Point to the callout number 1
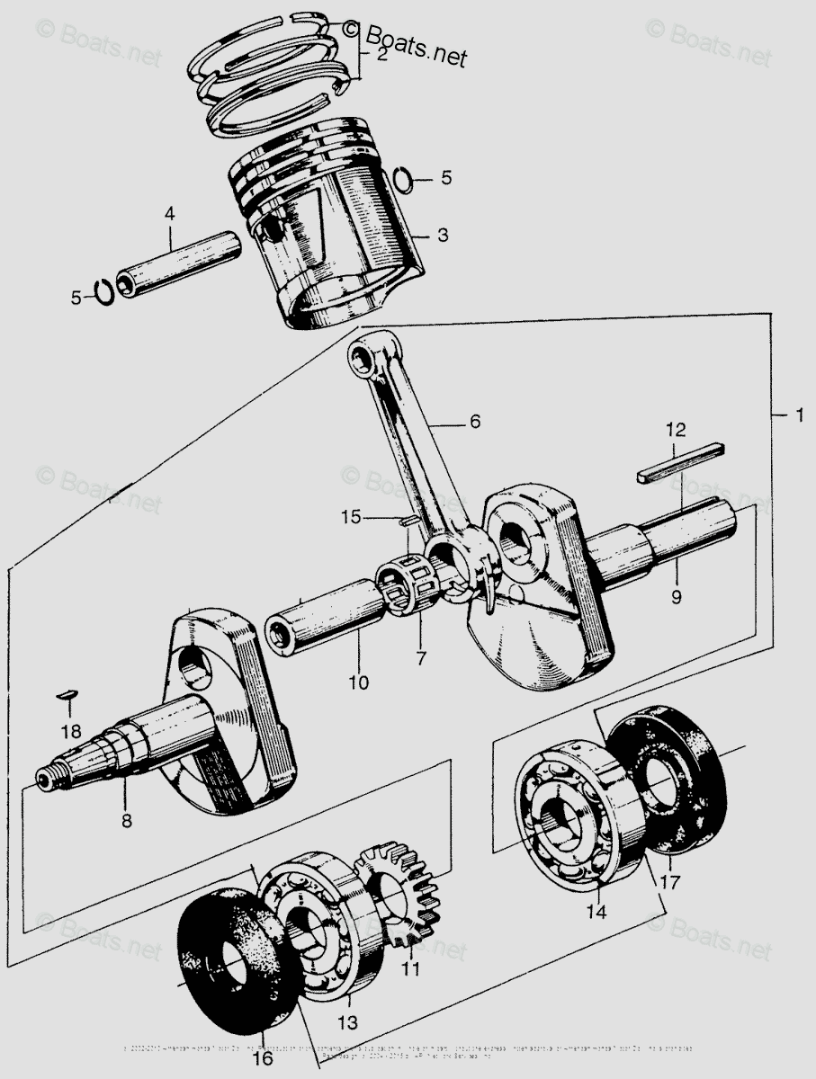(796, 415)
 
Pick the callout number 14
(596, 912)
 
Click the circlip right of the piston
(405, 179)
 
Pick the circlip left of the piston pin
(104, 292)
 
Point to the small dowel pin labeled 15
(407, 520)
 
